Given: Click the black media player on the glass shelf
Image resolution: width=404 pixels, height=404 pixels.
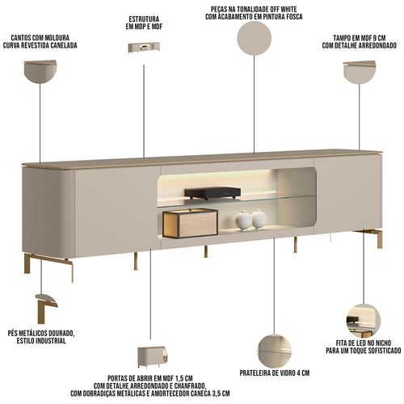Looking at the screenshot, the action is tap(213, 193).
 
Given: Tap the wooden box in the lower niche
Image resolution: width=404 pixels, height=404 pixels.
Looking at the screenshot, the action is tap(190, 223).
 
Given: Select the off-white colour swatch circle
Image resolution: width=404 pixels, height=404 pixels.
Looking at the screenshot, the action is tap(254, 38).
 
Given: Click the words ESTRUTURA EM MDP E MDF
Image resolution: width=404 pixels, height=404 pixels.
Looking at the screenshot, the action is tap(144, 23).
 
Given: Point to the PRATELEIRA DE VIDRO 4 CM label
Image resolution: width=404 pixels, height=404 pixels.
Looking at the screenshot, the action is tap(275, 373).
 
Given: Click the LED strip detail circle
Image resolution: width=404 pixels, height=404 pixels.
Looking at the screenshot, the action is tap(364, 321).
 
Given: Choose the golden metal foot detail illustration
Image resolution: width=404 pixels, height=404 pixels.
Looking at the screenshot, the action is tap(46, 309).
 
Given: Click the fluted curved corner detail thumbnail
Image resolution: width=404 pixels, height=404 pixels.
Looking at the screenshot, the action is tap(40, 71).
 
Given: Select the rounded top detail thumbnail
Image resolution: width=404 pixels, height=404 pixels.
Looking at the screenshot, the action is tap(360, 72).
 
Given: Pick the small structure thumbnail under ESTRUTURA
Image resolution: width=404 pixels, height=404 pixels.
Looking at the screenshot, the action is tap(144, 48).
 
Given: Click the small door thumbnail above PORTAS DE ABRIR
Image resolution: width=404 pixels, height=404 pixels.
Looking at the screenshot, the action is tap(153, 357).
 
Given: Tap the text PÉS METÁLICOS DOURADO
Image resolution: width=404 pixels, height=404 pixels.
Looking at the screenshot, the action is tap(41, 333).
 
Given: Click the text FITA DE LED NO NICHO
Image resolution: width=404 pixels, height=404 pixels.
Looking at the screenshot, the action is tap(364, 343).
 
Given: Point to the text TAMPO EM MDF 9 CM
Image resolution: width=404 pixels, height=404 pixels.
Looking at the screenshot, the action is tap(360, 38).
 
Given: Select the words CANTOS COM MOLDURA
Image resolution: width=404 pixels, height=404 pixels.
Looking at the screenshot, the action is tap(40, 38).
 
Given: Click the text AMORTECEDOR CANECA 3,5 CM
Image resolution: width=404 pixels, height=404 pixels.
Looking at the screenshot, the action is tap(191, 393).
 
